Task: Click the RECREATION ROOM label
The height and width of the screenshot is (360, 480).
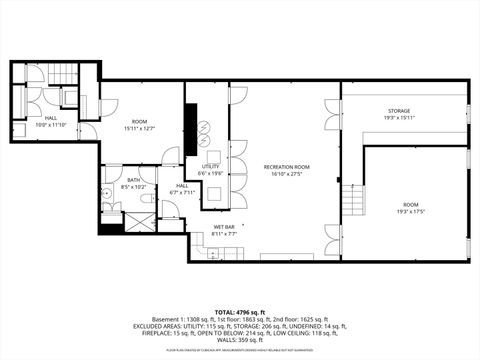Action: click(286, 166)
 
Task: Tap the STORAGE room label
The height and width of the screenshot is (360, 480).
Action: click(399, 110)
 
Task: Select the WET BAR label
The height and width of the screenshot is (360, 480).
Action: click(223, 227)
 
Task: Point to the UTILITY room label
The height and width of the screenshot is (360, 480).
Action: click(210, 166)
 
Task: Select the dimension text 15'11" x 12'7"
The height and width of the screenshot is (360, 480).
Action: click(140, 128)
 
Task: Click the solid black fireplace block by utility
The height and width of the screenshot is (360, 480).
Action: click(190, 125)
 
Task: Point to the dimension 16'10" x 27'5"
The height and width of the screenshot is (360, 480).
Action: click(286, 173)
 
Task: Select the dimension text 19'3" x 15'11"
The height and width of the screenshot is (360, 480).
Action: click(399, 117)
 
